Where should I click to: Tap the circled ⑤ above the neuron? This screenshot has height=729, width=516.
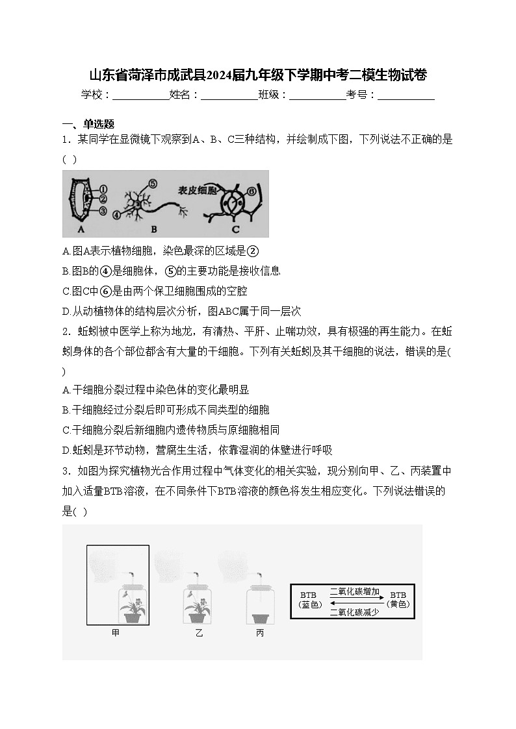click(x=153, y=184)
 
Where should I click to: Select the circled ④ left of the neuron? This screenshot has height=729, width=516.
click(x=116, y=214)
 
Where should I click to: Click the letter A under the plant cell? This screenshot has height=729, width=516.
click(x=81, y=229)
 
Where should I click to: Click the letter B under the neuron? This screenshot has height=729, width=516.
click(x=154, y=229)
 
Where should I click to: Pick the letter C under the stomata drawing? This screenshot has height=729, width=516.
click(x=235, y=229)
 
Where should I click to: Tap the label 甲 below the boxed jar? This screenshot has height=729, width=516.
click(x=116, y=633)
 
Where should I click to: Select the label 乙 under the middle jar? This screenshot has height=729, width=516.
click(x=199, y=633)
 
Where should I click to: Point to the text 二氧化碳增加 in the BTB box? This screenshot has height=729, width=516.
click(x=355, y=591)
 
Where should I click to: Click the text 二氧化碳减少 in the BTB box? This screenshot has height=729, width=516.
click(x=355, y=612)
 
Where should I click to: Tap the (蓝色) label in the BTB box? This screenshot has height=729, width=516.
click(x=310, y=605)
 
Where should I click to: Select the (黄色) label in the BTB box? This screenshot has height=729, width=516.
click(x=398, y=604)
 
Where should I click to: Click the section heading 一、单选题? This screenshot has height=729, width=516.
click(x=88, y=124)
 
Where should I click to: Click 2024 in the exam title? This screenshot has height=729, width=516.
click(x=219, y=75)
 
